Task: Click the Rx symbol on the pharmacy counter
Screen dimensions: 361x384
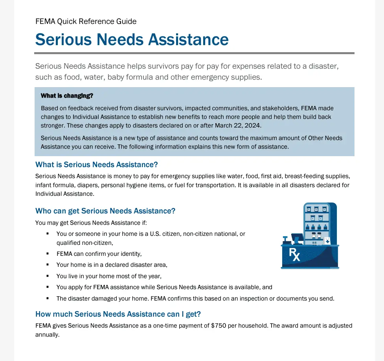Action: tap(295, 255)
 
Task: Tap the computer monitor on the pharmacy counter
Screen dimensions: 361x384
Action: tap(297, 237)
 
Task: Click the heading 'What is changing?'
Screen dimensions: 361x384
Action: tap(67, 96)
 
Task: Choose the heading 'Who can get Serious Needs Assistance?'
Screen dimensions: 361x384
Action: tap(105, 211)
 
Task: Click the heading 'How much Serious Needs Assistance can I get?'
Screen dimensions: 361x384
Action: tap(118, 314)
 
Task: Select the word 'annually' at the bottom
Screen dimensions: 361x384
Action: tap(47, 335)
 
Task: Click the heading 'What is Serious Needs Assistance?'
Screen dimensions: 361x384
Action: tap(97, 164)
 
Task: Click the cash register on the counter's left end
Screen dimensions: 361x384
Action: tap(287, 239)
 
